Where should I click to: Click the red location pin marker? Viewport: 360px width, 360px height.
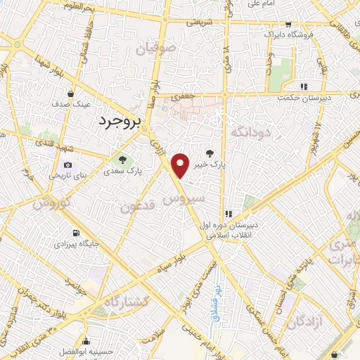point(181,165)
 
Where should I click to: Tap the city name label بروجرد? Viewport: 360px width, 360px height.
point(117,121)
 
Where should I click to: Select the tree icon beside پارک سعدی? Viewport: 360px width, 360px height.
point(124,159)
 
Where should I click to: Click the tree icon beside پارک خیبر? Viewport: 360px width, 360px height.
point(209,153)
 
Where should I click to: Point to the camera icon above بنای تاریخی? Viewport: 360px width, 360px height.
point(58,165)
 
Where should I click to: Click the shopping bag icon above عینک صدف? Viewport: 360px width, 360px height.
point(71,93)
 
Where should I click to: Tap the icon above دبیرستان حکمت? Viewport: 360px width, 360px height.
point(304,86)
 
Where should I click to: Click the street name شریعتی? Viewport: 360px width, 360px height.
point(199,22)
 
